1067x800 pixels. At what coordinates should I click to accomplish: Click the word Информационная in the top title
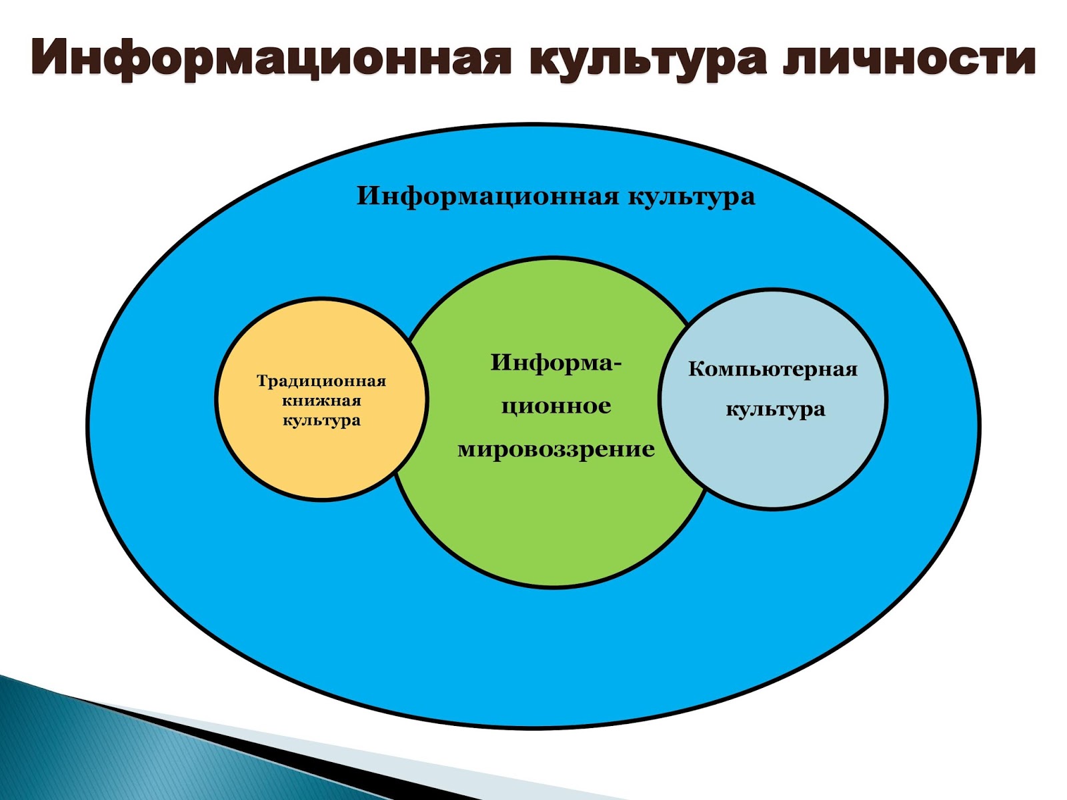coord(270,57)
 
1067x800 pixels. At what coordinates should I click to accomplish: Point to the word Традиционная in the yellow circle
coord(321,381)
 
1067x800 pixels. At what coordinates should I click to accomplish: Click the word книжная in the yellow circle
coord(321,401)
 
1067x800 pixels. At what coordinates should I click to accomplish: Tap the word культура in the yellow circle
coord(321,421)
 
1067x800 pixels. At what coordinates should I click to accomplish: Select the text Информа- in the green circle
coord(556,363)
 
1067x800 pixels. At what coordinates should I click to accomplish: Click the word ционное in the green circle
coord(556,405)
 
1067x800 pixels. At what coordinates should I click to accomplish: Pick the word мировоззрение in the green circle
coord(556,449)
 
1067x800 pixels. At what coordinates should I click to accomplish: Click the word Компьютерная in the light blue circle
coord(773,369)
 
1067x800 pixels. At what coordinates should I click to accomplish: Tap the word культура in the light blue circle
coord(775,409)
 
